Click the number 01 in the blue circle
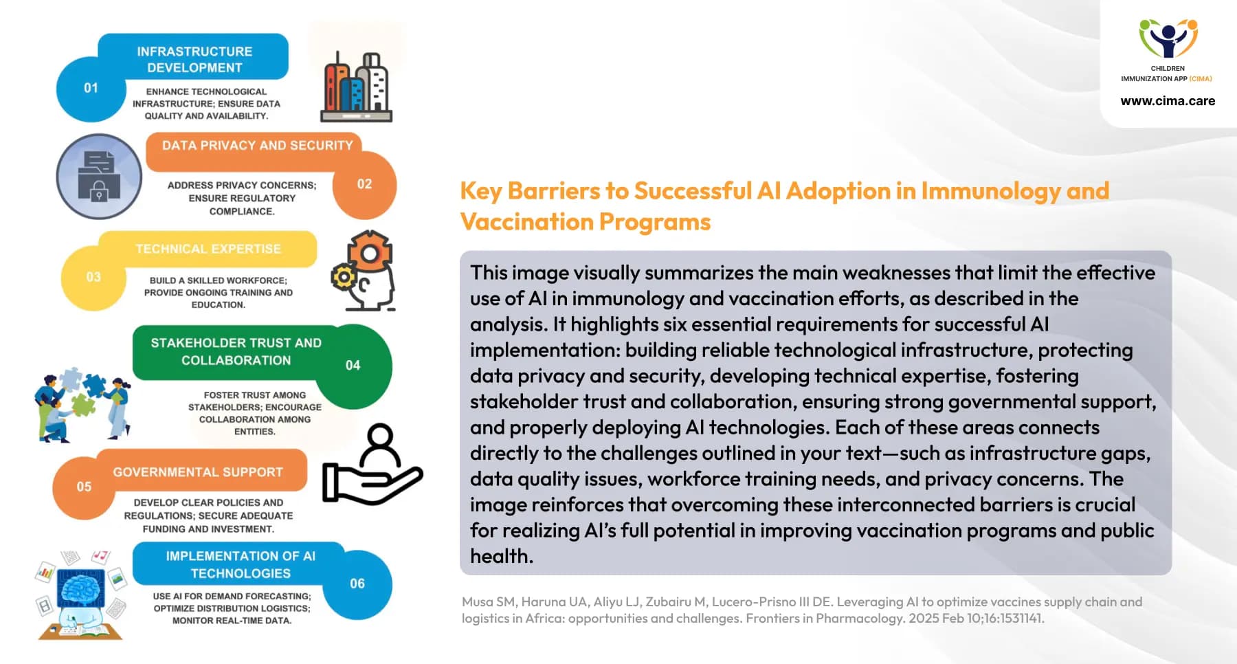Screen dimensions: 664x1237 click(91, 88)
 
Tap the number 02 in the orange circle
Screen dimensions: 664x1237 click(364, 184)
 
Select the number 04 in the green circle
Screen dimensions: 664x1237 click(353, 365)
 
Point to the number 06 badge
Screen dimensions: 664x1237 click(357, 584)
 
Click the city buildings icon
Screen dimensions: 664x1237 click(356, 87)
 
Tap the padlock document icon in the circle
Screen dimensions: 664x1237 click(99, 177)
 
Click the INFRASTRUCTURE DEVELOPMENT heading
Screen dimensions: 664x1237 click(194, 59)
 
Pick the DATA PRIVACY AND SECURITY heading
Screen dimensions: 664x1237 click(257, 146)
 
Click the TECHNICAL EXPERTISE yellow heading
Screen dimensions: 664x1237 click(208, 249)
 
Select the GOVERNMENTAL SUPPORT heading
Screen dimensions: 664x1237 click(198, 472)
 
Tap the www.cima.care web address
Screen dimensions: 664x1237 click(1168, 101)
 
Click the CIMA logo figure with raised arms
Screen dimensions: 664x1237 click(1168, 39)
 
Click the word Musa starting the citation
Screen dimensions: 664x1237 click(478, 602)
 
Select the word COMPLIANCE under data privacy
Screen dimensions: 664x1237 click(242, 212)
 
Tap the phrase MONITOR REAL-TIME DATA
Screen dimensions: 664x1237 click(232, 621)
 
